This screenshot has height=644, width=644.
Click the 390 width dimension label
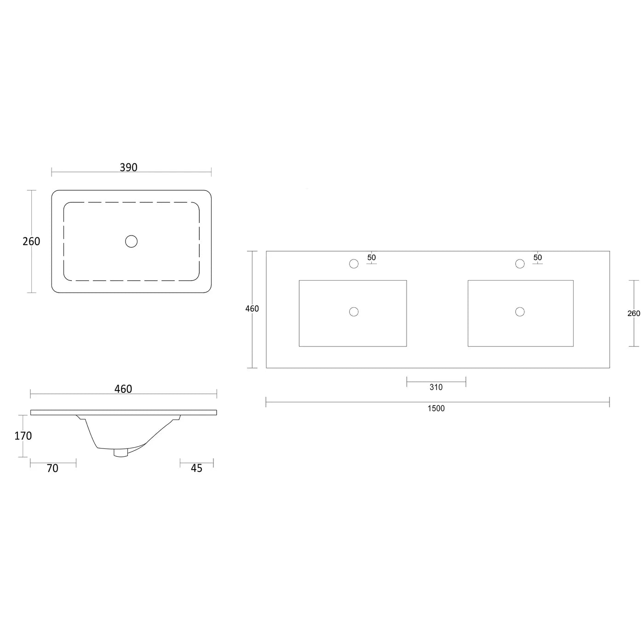pos(128,167)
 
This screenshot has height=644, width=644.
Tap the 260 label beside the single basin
pos(31,241)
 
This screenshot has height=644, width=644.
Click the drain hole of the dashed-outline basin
pos(132,241)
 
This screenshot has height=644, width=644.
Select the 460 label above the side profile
pos(123,389)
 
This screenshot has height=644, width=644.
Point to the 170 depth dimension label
pos(23,436)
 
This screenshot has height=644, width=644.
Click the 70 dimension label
pos(52,469)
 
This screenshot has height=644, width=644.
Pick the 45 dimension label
pos(196,469)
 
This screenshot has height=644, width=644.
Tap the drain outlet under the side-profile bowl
pos(121,453)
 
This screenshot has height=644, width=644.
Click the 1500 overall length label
pos(436,408)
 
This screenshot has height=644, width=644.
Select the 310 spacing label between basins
pos(436,387)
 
